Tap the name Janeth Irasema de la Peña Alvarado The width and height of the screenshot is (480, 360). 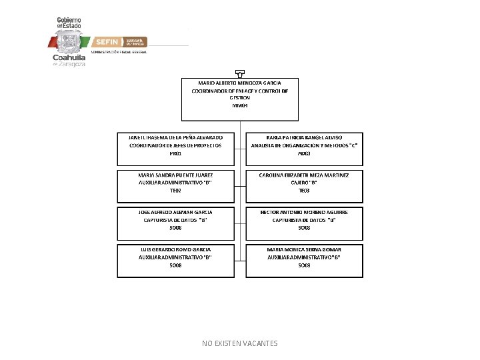pos(175,137)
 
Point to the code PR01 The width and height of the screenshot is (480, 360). pos(175,153)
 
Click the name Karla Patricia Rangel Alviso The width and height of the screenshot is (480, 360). pos(304,137)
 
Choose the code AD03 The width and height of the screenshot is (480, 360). pos(304,153)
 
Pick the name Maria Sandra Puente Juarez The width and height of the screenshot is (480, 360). pos(175,174)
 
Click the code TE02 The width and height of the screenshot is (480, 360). pos(175,191)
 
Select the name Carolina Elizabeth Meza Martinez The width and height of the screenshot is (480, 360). pos(304,174)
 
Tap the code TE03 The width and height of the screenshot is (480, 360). pos(304,191)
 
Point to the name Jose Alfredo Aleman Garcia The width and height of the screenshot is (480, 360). pos(175,211)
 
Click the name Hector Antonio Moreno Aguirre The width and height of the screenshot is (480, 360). pos(304,211)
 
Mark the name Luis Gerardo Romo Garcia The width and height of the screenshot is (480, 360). pos(175,249)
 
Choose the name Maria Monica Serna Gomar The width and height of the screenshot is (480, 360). pos(304,249)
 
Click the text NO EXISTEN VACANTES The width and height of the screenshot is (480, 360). pos(239,343)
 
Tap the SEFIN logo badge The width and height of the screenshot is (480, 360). pos(107,41)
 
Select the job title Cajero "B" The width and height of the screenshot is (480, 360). pos(304,182)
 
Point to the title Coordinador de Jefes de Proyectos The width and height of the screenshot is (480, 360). pos(175,145)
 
